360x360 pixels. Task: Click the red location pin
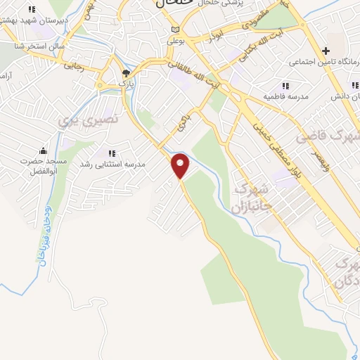click(181, 166)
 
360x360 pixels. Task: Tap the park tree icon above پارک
click(126, 72)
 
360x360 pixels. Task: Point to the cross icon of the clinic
click(326, 51)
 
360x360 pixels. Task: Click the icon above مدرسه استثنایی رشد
click(110, 153)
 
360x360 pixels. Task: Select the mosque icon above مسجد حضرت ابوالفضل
click(44, 150)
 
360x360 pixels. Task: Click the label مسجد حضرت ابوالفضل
click(44, 165)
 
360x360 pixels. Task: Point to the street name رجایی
click(73, 67)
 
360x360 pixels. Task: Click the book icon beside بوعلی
click(175, 30)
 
